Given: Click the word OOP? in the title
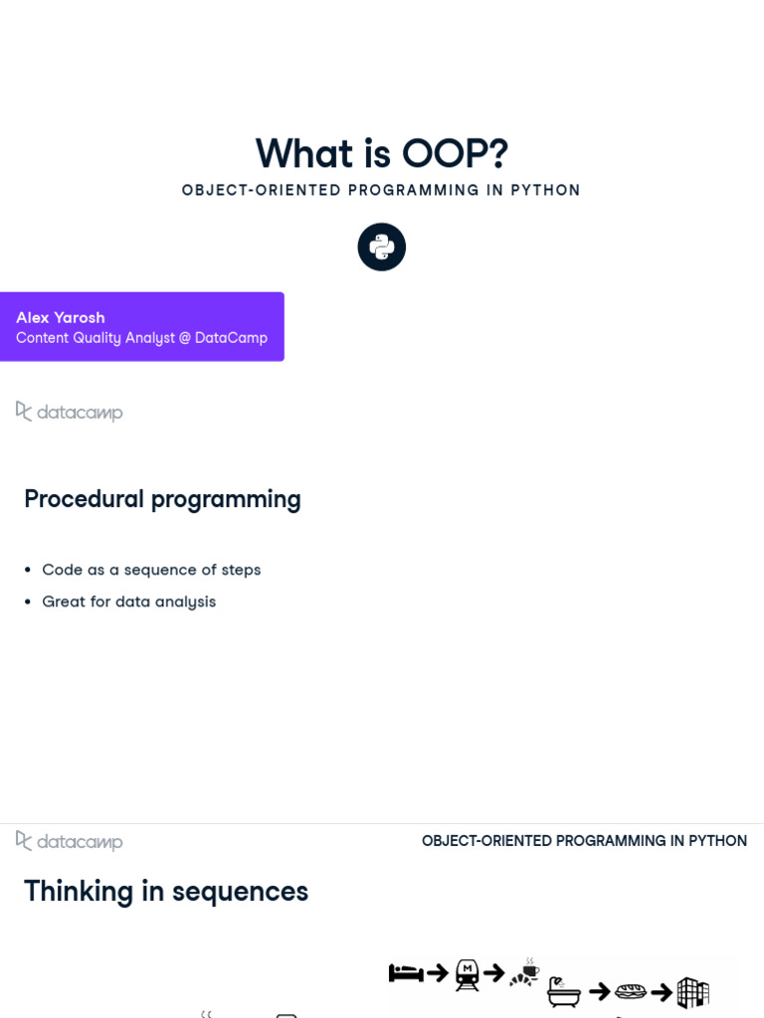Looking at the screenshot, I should click(455, 154).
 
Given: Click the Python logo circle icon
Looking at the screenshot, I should click(382, 247).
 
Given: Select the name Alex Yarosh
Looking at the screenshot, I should click(61, 317).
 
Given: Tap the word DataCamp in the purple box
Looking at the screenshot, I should click(231, 338).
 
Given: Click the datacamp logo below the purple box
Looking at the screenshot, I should click(70, 412).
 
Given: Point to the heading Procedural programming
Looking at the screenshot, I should click(162, 499).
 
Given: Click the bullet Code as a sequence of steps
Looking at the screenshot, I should click(151, 570).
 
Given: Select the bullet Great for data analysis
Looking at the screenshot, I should click(128, 601).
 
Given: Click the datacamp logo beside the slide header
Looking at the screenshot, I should click(70, 841).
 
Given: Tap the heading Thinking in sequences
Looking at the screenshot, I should click(166, 892).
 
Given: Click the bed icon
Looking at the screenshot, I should click(406, 973).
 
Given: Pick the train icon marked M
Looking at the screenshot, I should click(467, 974).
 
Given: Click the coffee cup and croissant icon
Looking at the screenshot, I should click(525, 973).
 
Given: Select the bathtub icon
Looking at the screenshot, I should click(564, 991).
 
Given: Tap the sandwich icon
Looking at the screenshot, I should click(631, 991).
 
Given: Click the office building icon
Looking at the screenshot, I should click(692, 991).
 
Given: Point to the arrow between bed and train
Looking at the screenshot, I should click(437, 973).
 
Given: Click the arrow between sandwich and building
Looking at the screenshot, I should click(662, 991).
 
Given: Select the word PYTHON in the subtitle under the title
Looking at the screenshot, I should click(545, 190).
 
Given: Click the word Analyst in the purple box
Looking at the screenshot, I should click(152, 338).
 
